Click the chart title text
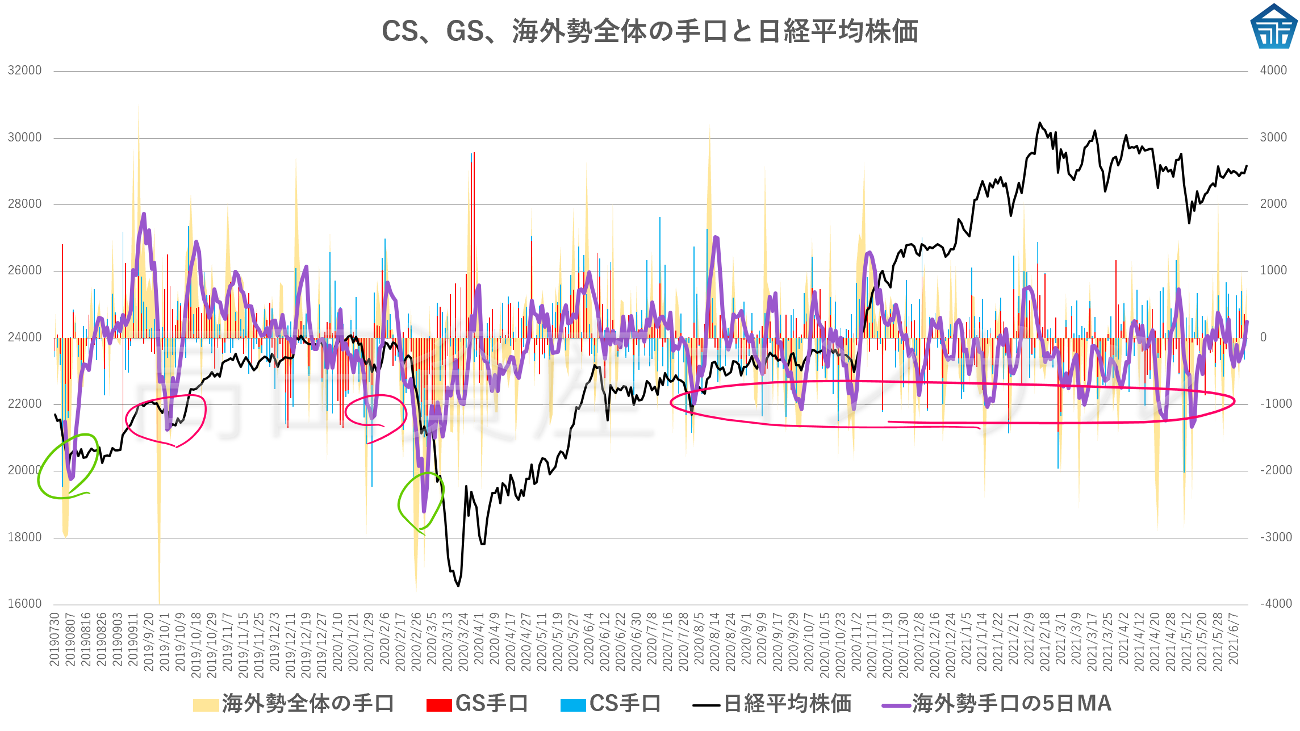[x=650, y=31]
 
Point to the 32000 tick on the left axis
[x=25, y=70]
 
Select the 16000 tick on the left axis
[x=25, y=604]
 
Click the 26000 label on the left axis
[x=25, y=270]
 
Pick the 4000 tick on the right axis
[x=1273, y=70]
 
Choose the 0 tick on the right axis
[x=1263, y=337]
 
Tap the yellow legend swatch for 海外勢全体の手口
[x=206, y=705]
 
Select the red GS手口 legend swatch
[x=439, y=705]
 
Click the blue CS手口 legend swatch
[x=572, y=705]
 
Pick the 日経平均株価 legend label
[x=787, y=704]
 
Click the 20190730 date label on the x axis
[x=55, y=638]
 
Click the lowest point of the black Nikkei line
[x=458, y=586]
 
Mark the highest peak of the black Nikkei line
[x=1040, y=123]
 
